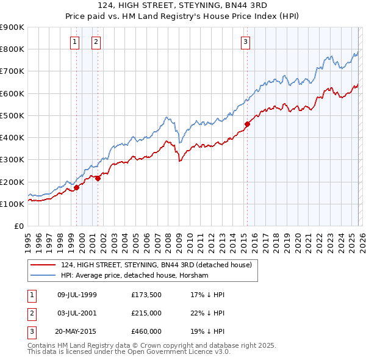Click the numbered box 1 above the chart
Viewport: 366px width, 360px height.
tap(74, 42)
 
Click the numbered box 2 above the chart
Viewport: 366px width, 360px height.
tap(96, 42)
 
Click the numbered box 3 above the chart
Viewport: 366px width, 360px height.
tap(245, 42)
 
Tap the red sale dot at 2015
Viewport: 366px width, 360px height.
tap(247, 124)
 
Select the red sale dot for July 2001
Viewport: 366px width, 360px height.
tap(98, 178)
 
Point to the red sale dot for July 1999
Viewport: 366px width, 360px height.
tap(76, 187)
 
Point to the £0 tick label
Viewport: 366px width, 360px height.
tap(18, 226)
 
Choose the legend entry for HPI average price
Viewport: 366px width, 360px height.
tap(134, 276)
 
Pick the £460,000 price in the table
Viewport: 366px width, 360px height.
tap(146, 333)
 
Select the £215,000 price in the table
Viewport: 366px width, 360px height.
tap(146, 314)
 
